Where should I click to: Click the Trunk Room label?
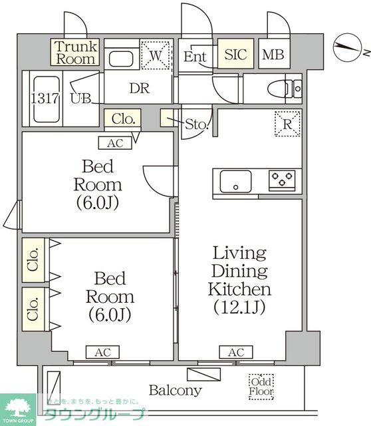(x=76, y=53)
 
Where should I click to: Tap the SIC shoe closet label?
(x=235, y=54)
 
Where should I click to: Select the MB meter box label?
(x=273, y=55)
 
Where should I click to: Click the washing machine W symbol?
(x=156, y=56)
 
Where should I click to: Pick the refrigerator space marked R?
(x=287, y=124)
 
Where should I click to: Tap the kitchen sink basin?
(x=235, y=182)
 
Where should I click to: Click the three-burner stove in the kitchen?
(x=282, y=180)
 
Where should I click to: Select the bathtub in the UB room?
(x=47, y=99)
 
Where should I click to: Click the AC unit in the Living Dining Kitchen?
(x=236, y=352)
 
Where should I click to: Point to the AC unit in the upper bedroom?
(x=115, y=143)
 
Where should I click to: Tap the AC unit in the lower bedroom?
(x=102, y=352)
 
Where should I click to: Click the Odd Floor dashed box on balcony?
(x=261, y=387)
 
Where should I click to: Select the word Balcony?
(x=176, y=391)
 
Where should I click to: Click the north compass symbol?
(x=348, y=47)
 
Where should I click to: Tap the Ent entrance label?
(x=195, y=57)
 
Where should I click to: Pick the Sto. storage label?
(x=197, y=124)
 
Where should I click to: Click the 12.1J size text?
(x=239, y=307)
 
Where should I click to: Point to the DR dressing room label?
(x=140, y=89)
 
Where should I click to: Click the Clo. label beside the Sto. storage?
(x=123, y=118)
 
